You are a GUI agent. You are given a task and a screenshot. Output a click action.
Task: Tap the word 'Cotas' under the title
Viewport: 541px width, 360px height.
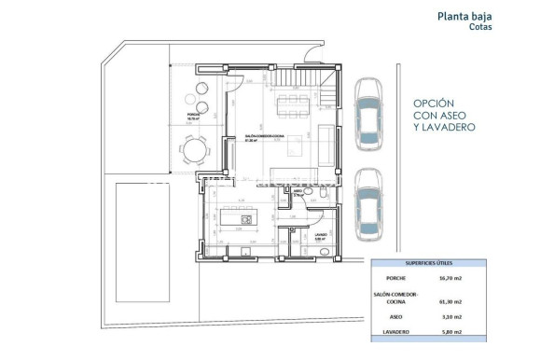(482, 27)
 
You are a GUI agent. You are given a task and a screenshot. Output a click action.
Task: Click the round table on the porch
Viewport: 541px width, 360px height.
(193, 149)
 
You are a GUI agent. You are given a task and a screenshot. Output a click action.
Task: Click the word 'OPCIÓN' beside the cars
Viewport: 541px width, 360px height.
(434, 104)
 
